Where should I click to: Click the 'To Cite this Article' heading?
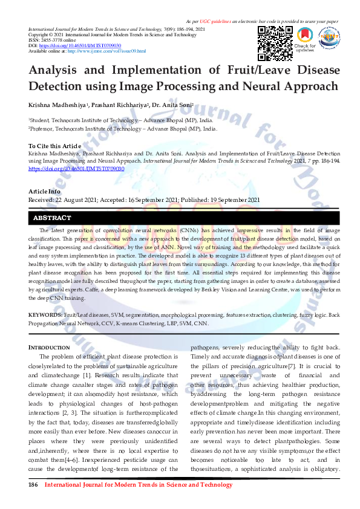[54, 146]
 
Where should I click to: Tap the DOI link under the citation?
[76, 169]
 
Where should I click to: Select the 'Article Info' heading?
[44, 192]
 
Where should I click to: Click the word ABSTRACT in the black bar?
[52, 218]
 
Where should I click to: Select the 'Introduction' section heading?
[50, 348]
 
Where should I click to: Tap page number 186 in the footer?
[34, 485]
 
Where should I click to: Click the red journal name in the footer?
[139, 485]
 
